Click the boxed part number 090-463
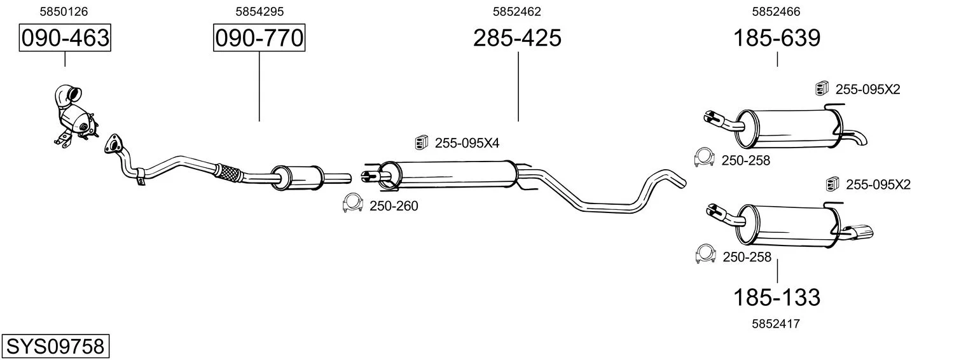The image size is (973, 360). pyautogui.click(x=65, y=38)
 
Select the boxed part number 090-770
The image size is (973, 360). pyautogui.click(x=259, y=38)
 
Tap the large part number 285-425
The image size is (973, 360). pyautogui.click(x=517, y=38)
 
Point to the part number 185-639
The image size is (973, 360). pyautogui.click(x=776, y=38)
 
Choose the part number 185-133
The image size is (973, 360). pyautogui.click(x=776, y=298)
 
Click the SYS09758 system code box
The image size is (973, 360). pyautogui.click(x=55, y=346)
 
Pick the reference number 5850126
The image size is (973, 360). pyautogui.click(x=64, y=11)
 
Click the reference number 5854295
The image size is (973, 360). pyautogui.click(x=259, y=11)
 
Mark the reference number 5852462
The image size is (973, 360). pyautogui.click(x=517, y=11)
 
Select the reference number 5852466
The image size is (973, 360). pyautogui.click(x=776, y=11)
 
